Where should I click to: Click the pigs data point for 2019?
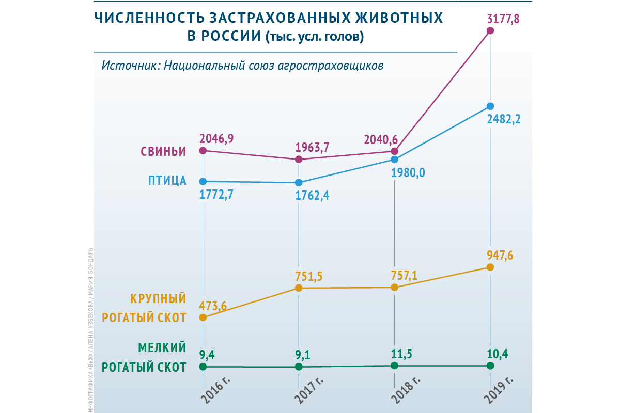pos(490,31)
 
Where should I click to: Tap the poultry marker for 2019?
pos(490,106)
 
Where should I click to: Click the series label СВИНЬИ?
pos(163,152)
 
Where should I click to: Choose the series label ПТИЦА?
pos(167,181)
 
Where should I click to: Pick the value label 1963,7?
pos(312,148)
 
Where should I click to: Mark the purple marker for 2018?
pos(395,151)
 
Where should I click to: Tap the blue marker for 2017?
pos(299,182)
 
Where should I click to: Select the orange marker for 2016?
pos(203,317)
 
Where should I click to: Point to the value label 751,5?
pos(309,276)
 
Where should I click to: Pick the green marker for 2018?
pos(395,366)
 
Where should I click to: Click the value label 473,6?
pos(213,306)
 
